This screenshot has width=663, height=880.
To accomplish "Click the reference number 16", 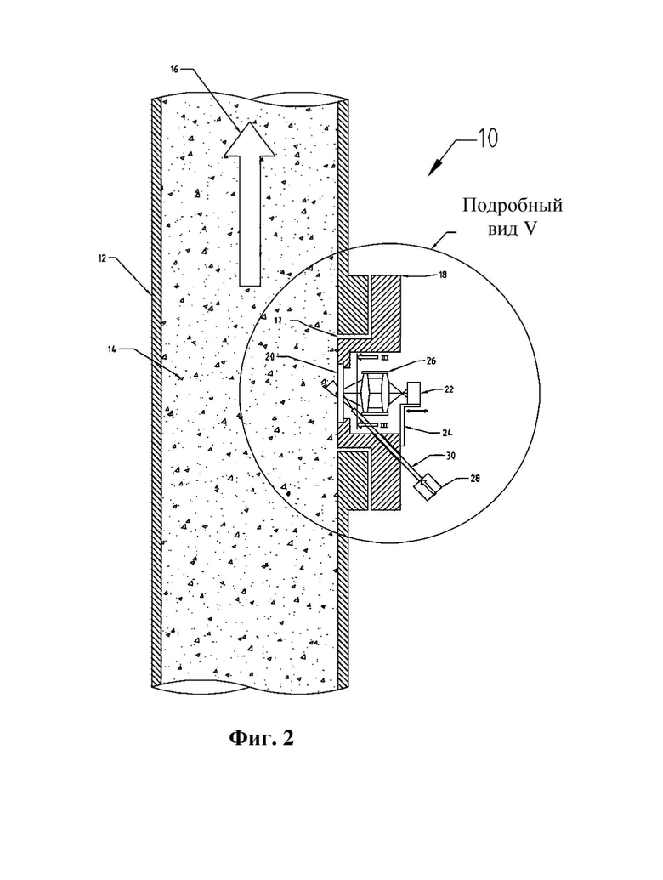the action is point(173,69).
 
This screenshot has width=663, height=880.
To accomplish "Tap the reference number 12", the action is point(102,258).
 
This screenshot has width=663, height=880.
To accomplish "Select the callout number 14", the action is point(112,349).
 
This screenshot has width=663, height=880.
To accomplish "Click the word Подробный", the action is point(512,206).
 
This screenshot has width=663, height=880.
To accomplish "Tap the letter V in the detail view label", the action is point(530,229).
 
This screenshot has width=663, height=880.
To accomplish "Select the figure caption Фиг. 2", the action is point(262,737).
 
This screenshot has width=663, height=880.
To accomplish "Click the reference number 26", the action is point(431,361).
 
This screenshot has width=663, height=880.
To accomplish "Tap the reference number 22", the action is point(449,389).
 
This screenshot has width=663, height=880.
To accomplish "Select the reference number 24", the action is point(447,433).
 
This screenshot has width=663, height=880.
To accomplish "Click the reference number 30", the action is point(450,457).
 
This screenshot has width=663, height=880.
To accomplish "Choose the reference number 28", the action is point(476,479).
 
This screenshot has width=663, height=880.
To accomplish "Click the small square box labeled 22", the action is point(415,392).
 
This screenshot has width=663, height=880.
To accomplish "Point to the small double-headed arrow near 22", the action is point(419,411).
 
